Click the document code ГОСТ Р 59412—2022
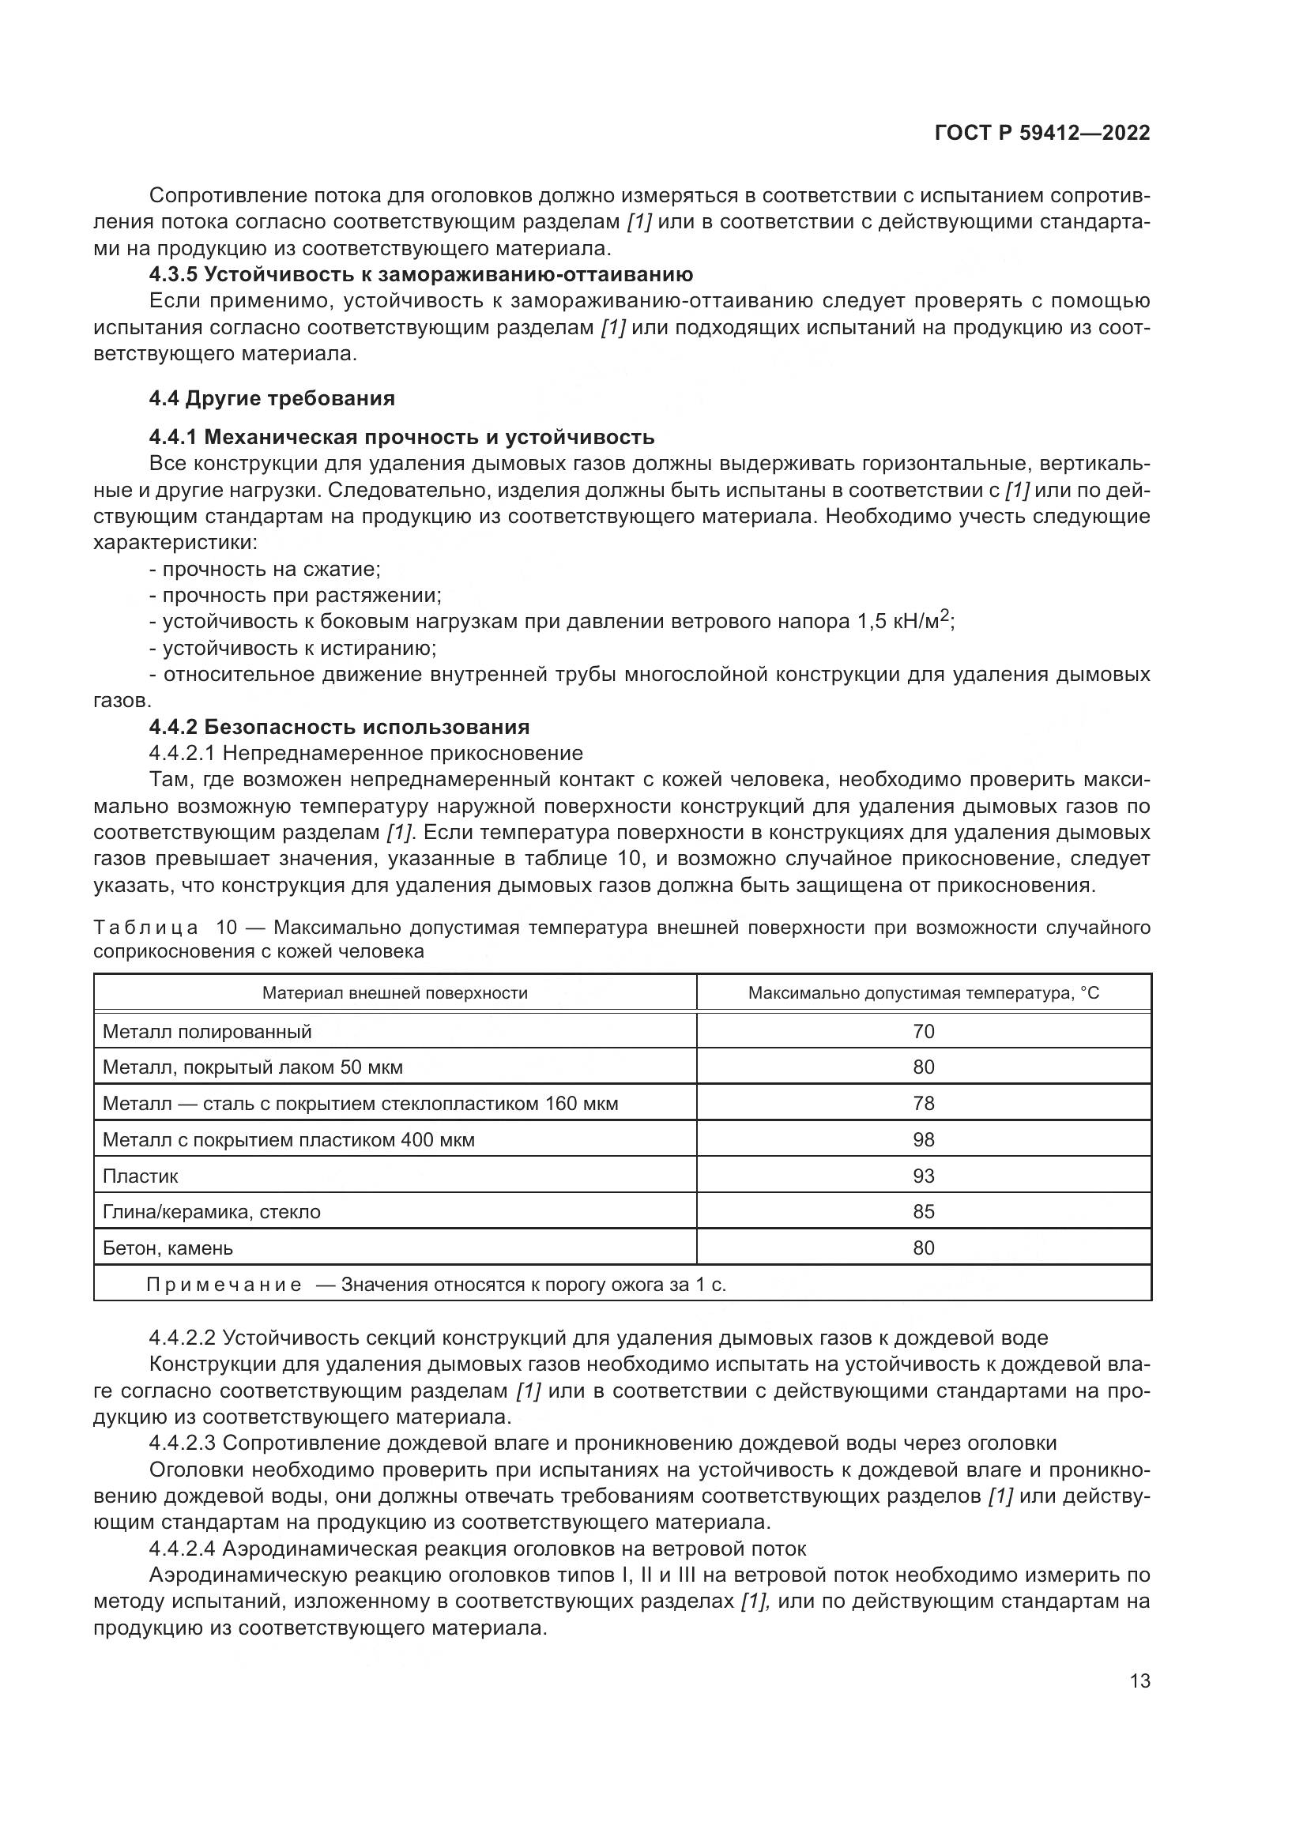point(1041,134)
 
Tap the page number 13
point(1139,1681)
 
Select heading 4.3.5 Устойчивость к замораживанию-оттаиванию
point(421,274)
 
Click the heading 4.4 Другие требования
point(272,398)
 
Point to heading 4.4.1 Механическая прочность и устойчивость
point(401,437)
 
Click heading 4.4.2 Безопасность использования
point(339,727)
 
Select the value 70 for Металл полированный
point(923,1031)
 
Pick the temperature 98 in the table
point(923,1140)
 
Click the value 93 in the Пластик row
point(923,1176)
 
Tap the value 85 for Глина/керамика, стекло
point(923,1211)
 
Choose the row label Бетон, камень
point(168,1248)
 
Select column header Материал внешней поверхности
point(394,993)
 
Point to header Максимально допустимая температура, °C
point(923,993)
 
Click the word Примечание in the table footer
point(224,1285)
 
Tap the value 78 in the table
point(923,1104)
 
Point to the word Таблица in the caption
point(145,928)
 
